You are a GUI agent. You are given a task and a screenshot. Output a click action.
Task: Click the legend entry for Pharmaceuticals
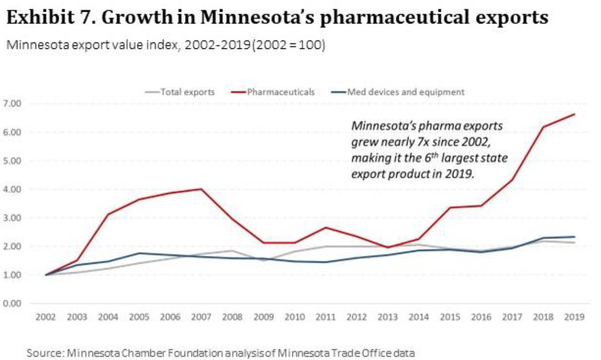tap(280, 92)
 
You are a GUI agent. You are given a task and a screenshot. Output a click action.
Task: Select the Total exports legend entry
tap(187, 92)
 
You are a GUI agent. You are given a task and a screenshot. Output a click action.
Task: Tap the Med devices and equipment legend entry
tap(405, 92)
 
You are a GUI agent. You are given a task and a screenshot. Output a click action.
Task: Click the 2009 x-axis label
tap(263, 317)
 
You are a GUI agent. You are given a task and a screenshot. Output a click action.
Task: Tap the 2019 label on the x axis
tap(574, 317)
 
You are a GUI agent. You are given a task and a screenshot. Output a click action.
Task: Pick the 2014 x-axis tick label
tap(419, 317)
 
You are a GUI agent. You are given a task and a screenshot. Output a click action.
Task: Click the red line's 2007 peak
tap(201, 189)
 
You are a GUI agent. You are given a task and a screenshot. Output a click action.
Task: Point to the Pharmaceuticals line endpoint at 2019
tap(574, 114)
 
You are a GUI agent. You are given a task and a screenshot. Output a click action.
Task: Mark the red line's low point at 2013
tap(388, 247)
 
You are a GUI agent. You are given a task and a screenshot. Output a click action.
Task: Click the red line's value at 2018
tap(543, 127)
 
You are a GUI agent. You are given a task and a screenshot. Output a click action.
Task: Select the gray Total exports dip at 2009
tap(263, 260)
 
